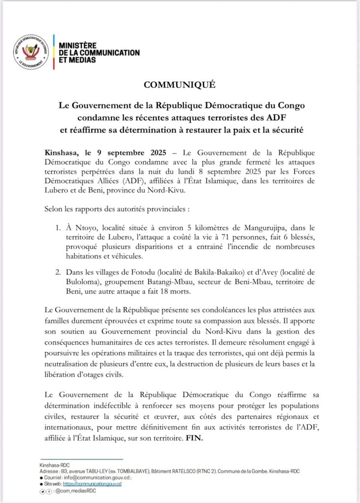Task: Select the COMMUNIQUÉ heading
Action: (180, 84)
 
